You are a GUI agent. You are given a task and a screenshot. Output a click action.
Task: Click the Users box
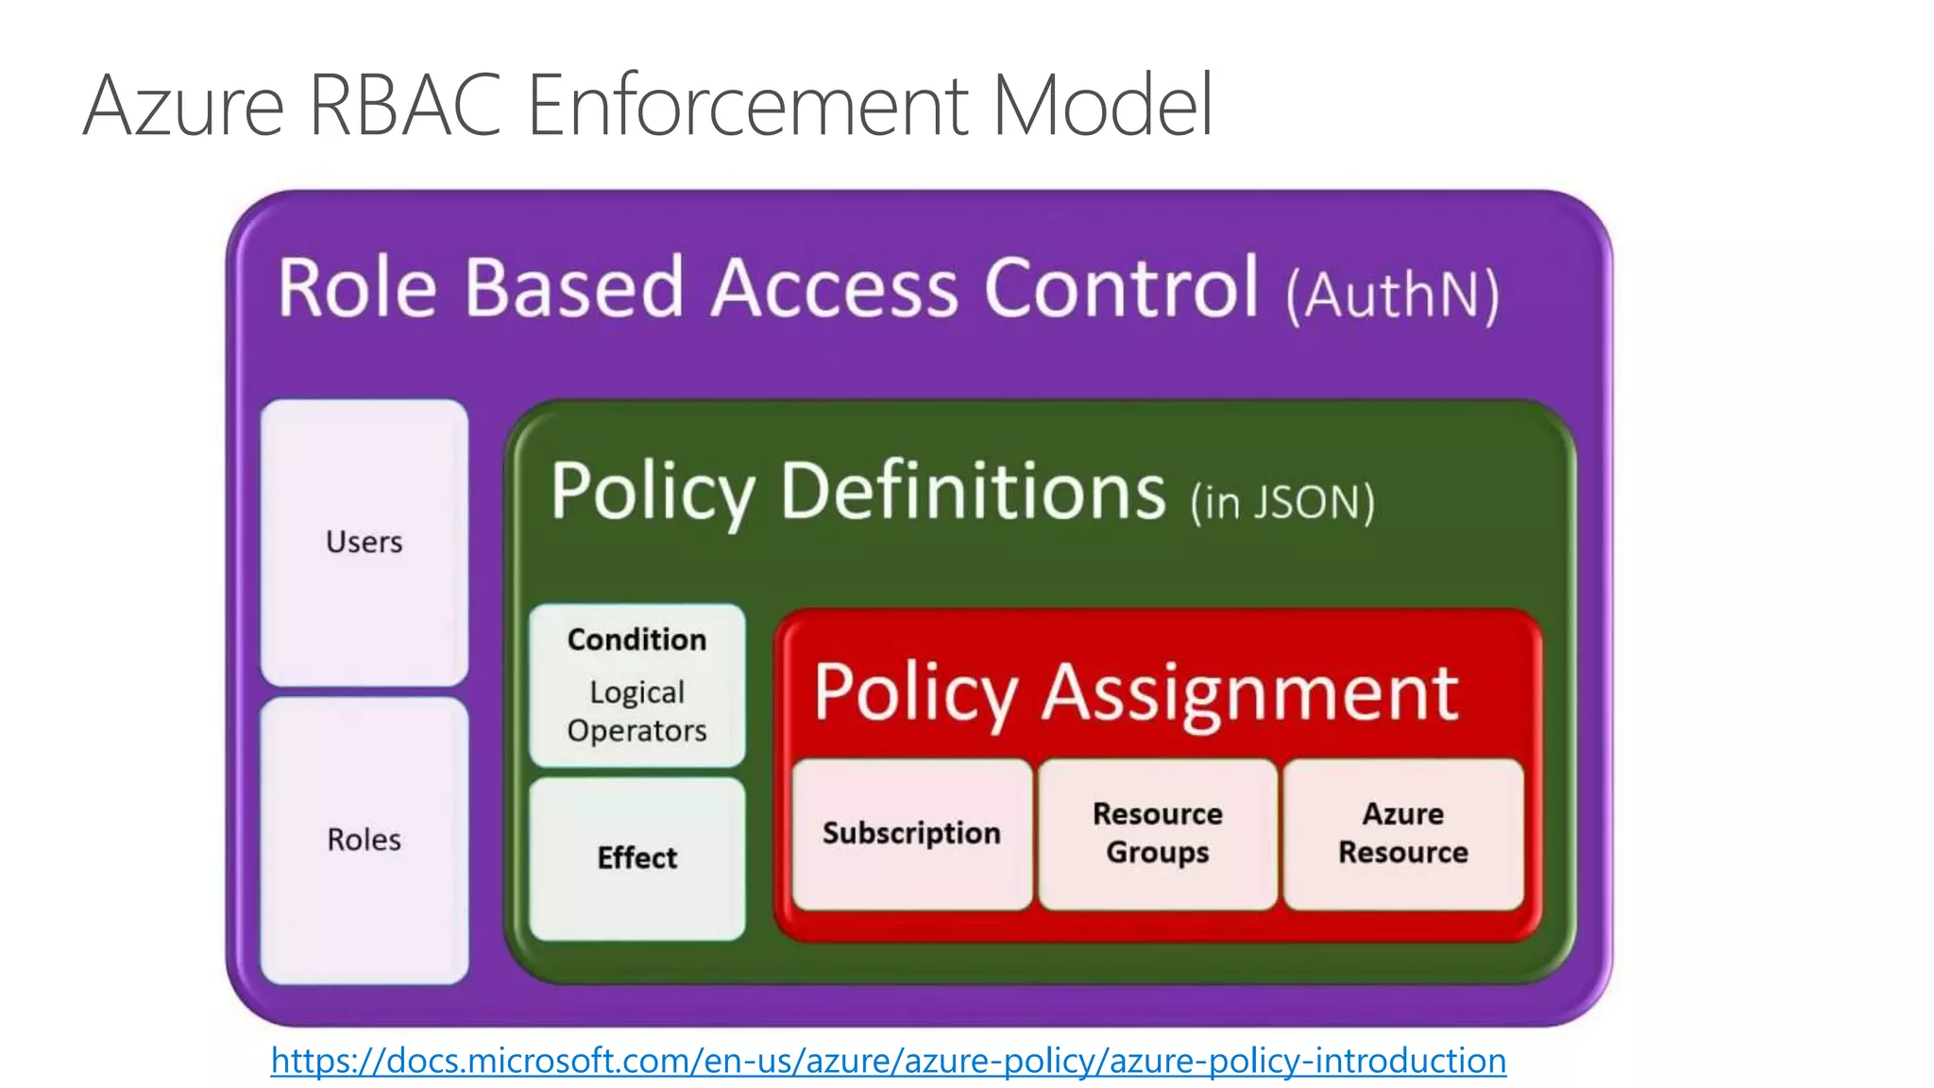click(365, 542)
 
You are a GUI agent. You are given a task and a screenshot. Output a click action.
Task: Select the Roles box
click(365, 840)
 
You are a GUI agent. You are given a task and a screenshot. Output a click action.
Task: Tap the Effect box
click(637, 858)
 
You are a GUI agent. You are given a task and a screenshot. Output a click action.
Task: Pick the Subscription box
click(911, 833)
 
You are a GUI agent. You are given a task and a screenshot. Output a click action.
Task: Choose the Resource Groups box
click(1158, 833)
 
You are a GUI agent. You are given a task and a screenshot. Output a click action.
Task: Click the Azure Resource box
click(1403, 833)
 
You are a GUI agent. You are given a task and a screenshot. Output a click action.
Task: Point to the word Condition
click(637, 639)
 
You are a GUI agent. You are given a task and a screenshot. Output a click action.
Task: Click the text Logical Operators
click(637, 711)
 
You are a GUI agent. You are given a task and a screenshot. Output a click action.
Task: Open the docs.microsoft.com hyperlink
click(888, 1061)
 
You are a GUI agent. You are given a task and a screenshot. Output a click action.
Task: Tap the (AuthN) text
click(1393, 296)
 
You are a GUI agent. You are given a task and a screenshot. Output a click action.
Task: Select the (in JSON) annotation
click(1282, 501)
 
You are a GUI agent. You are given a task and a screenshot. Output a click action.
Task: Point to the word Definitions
click(973, 491)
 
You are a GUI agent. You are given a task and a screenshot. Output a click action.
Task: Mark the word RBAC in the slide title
click(404, 106)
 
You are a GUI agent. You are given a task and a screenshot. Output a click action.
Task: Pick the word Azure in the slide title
click(183, 106)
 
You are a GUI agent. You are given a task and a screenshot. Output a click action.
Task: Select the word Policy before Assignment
click(914, 693)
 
